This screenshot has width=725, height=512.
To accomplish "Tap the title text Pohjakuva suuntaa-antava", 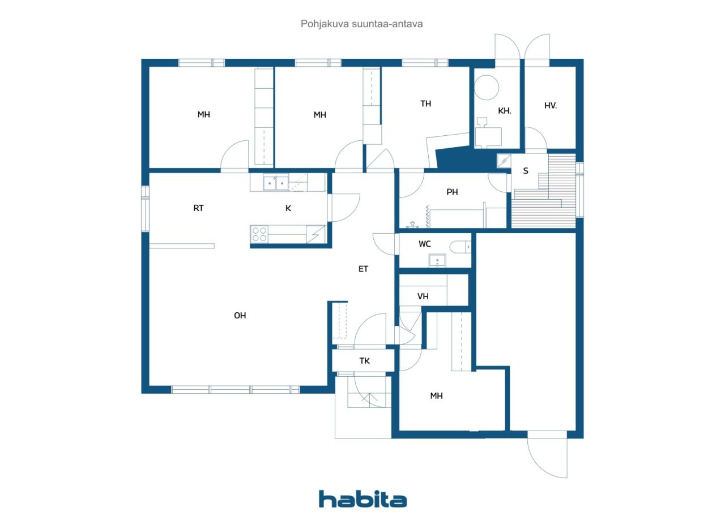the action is (361, 24).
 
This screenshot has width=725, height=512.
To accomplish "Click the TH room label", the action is (425, 104).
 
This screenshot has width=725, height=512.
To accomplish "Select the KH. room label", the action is (504, 111).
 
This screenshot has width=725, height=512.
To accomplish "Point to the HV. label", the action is (550, 105).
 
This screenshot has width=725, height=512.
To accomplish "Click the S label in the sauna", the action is (525, 171).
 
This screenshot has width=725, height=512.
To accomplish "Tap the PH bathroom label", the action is (452, 192).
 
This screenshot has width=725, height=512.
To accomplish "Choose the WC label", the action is (424, 244).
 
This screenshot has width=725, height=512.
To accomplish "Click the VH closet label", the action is (423, 296).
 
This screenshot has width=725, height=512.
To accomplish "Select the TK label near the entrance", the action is (364, 361).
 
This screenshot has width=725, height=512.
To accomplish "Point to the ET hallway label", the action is (363, 269).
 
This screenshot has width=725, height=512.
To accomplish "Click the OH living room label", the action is (240, 316).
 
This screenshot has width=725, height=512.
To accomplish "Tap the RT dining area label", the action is (198, 208).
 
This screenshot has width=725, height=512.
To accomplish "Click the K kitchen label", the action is (288, 208).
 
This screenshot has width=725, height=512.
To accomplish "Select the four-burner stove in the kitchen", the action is (259, 234).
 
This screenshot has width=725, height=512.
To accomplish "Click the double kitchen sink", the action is (275, 183).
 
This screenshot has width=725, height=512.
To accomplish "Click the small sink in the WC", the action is (437, 260).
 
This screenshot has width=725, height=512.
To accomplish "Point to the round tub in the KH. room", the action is (486, 87).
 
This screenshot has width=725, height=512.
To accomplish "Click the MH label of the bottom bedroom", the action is (436, 395).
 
